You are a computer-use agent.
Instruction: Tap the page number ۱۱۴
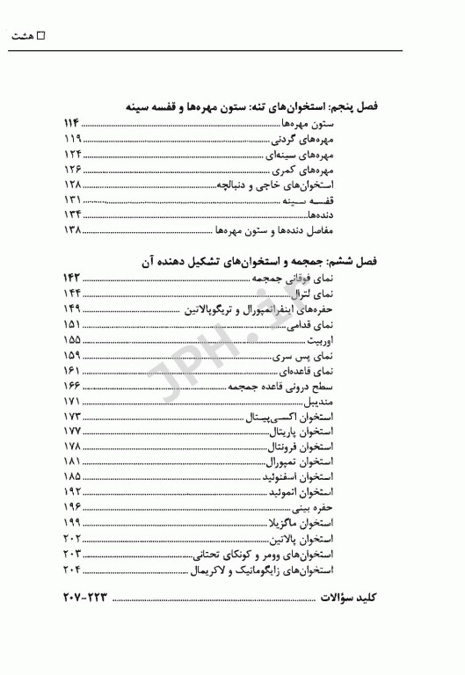point(73,123)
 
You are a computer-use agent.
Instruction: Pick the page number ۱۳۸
point(73,230)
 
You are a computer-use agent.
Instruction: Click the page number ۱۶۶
point(73,385)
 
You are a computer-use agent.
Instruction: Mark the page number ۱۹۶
point(73,508)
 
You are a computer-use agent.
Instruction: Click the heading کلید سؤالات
point(345,599)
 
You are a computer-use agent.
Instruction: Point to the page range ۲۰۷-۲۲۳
point(85,599)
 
